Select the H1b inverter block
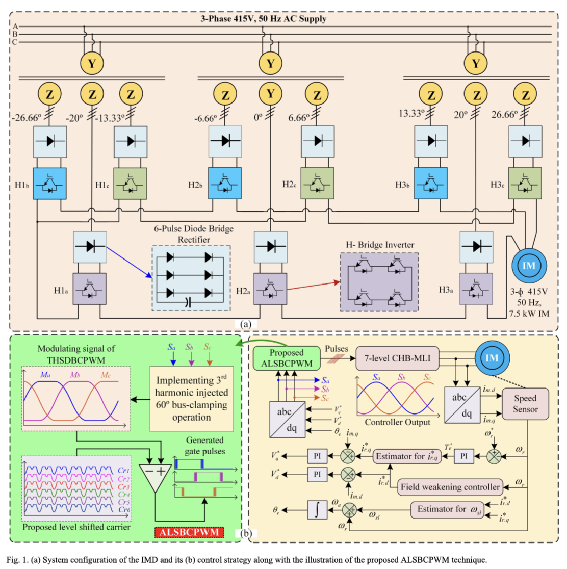click(50, 184)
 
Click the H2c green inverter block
click(317, 184)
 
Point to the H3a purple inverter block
click(476, 289)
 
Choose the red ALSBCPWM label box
click(190, 532)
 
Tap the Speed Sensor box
click(525, 404)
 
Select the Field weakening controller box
click(450, 487)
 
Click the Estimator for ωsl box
click(449, 509)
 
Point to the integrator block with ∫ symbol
click(317, 510)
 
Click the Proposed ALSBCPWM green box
click(287, 358)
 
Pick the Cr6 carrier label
click(123, 510)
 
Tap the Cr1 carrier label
click(123, 470)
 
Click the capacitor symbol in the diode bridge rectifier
click(188, 302)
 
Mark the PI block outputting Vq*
click(317, 456)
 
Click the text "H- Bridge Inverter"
click(379, 245)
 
